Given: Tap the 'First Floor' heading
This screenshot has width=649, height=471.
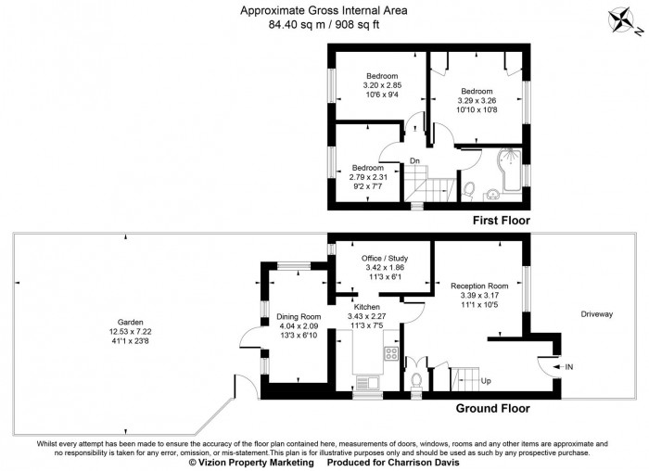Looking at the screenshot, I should point(501,221).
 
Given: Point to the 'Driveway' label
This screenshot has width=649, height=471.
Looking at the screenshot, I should point(597,315).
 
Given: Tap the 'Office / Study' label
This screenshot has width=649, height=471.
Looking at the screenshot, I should point(382,258).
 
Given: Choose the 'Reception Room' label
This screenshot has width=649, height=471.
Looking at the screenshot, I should point(479,286).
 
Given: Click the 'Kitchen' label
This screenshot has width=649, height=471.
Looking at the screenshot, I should point(365,305).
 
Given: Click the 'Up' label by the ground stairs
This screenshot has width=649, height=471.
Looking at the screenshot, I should point(483,381).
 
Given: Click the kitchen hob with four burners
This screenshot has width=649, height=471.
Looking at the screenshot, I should point(391,353).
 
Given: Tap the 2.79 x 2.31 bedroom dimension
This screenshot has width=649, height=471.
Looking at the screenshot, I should point(367,177).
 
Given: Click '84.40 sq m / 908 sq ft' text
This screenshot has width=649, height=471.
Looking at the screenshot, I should point(323,26).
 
